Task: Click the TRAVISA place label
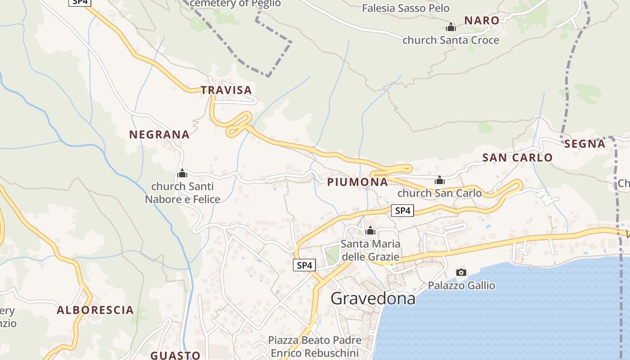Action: click(x=226, y=90)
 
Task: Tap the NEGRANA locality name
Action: click(x=159, y=134)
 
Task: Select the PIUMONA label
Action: click(x=357, y=182)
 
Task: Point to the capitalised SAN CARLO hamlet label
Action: click(x=517, y=157)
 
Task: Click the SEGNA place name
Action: click(x=585, y=144)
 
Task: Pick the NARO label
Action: click(x=481, y=20)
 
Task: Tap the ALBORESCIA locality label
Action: click(x=95, y=310)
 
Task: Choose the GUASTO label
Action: click(x=175, y=355)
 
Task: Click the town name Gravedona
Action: click(x=373, y=298)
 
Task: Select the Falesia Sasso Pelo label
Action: click(x=405, y=8)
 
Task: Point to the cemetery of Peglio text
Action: click(x=235, y=4)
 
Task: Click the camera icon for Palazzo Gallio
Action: click(x=461, y=272)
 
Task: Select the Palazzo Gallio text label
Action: click(x=461, y=285)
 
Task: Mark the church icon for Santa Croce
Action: click(x=451, y=27)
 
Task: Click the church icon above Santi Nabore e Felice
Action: click(x=182, y=173)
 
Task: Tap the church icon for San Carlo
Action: click(x=440, y=180)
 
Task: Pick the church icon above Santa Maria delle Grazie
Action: click(x=370, y=231)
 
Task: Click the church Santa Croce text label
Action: click(x=450, y=40)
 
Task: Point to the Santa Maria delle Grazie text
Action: click(x=370, y=250)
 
